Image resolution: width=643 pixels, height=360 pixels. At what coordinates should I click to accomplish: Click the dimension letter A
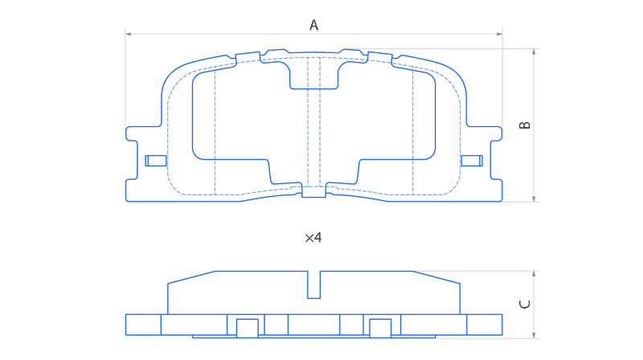[313, 25]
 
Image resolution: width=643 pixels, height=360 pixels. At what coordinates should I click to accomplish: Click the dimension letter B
[525, 125]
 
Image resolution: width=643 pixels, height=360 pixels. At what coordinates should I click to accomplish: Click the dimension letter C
[525, 304]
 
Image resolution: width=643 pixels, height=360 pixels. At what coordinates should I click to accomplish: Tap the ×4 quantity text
[313, 238]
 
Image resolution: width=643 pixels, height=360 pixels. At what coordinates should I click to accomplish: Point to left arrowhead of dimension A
[128, 34]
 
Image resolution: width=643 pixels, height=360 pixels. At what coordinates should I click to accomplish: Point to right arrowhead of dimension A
[499, 34]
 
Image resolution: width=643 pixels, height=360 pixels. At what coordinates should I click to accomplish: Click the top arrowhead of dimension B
[534, 51]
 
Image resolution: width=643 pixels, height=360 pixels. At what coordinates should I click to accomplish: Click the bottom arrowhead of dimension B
[534, 198]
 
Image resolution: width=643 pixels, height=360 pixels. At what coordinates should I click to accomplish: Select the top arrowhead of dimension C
[534, 273]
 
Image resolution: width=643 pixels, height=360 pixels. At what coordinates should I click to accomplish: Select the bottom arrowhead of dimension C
[534, 335]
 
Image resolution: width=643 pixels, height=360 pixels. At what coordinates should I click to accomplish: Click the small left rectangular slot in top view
[156, 161]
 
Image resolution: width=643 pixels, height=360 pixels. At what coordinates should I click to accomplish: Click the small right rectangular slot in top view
[472, 161]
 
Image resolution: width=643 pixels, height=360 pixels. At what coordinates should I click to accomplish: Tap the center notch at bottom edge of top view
[313, 191]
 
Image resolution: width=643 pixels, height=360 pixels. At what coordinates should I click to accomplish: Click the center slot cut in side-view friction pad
[313, 284]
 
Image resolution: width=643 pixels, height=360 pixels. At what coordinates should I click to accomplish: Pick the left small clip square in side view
[248, 329]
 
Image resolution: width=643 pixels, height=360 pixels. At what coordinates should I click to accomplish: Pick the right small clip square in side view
[380, 329]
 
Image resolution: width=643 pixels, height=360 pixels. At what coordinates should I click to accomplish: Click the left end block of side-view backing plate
[143, 325]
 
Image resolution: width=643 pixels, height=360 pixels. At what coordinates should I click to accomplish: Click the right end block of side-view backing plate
[485, 325]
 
